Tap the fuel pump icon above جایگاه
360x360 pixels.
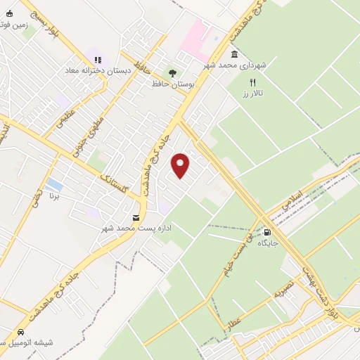267,231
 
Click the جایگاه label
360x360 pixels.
268,243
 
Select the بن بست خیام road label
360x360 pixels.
234,259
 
